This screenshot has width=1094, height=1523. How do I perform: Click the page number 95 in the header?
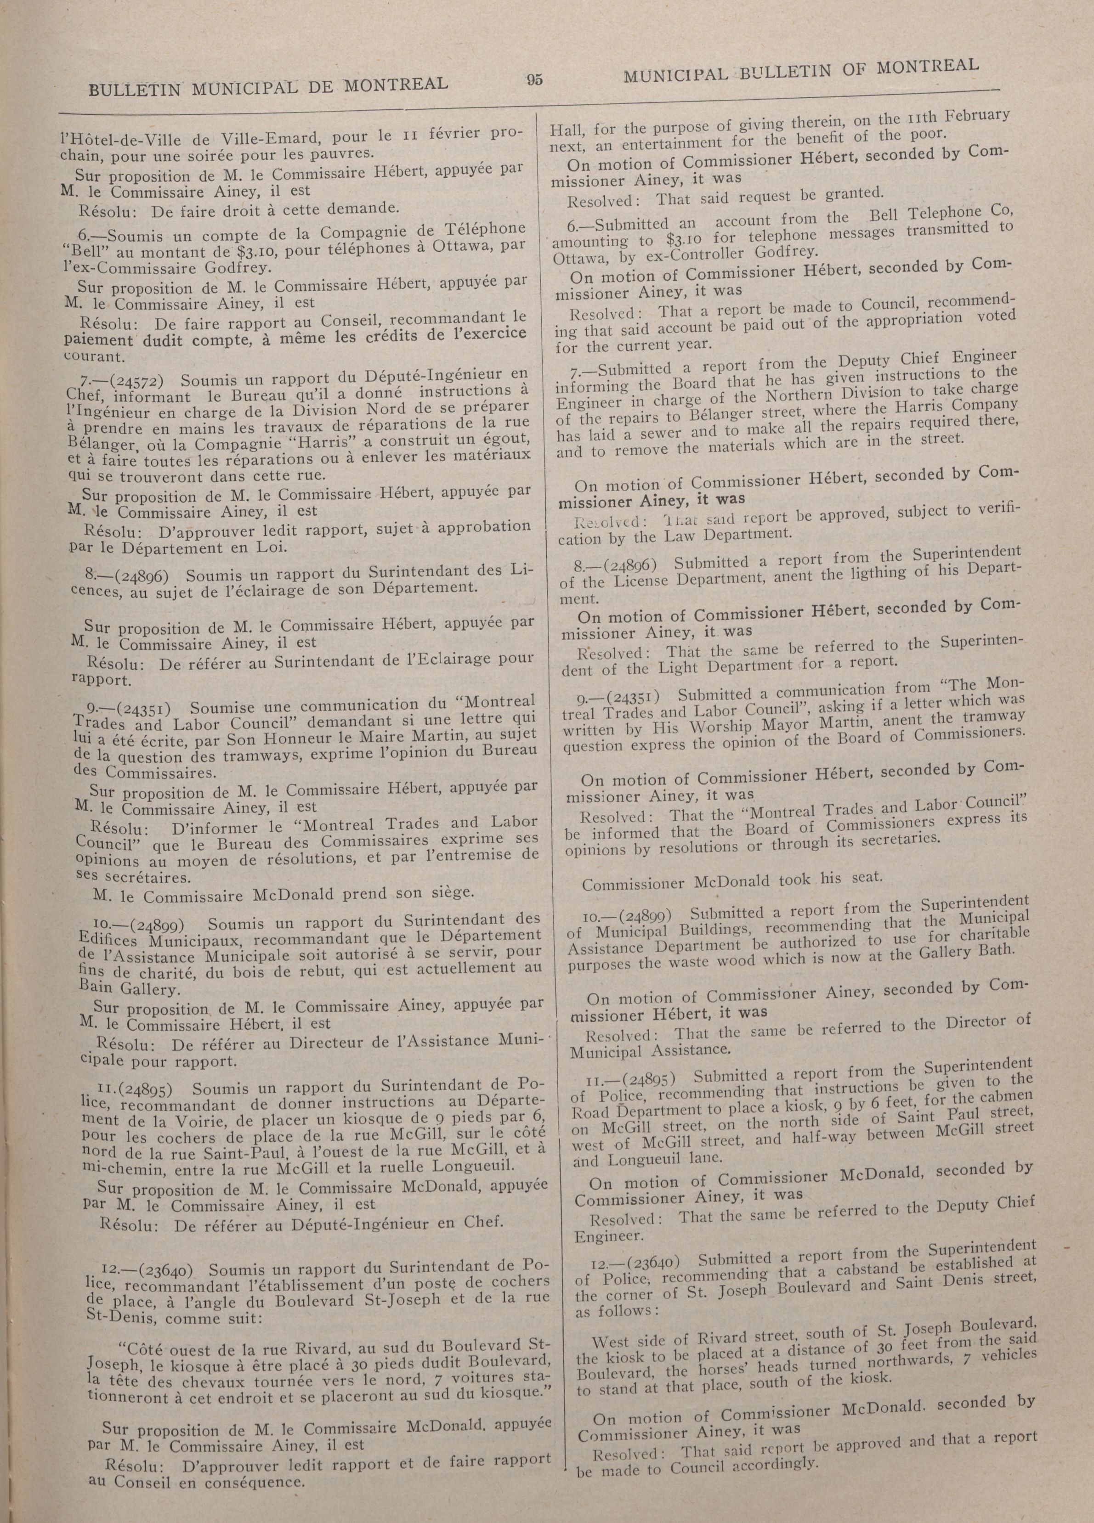click(534, 79)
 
